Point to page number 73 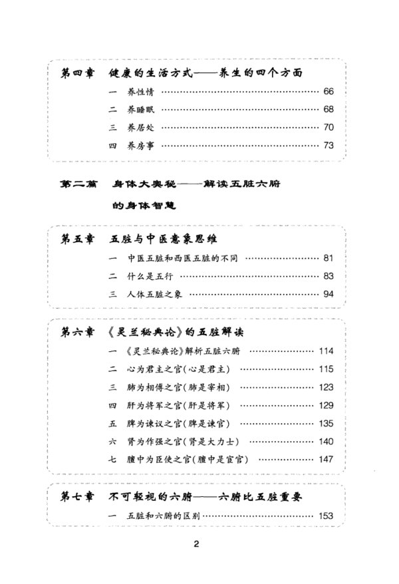pos(329,144)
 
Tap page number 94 pos(329,294)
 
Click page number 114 pos(326,351)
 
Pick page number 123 pos(326,386)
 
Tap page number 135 pos(326,422)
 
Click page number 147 pos(326,458)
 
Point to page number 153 pos(326,515)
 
